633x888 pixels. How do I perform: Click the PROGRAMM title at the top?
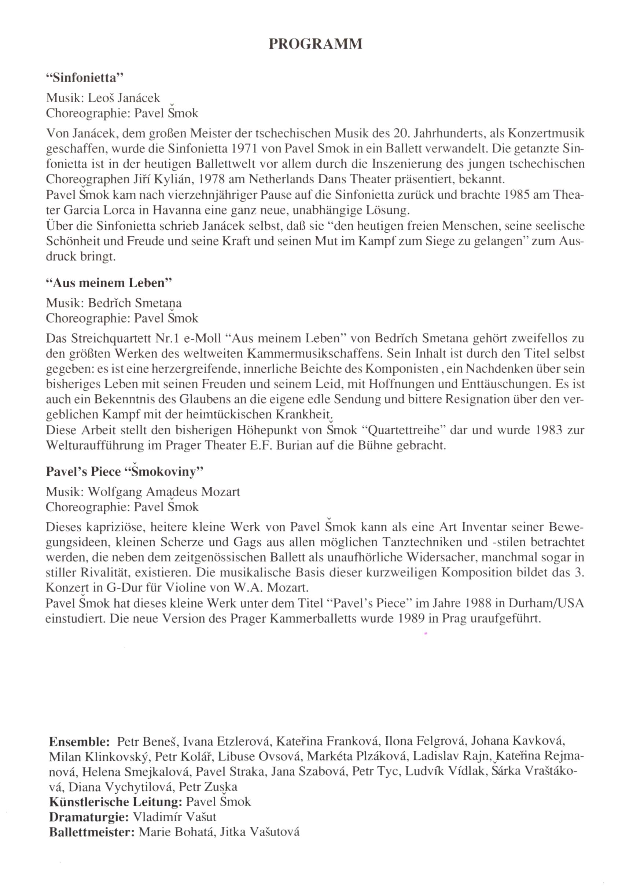click(316, 44)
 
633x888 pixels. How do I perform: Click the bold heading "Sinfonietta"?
click(84, 78)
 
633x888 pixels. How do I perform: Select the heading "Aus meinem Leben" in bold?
click(109, 283)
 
